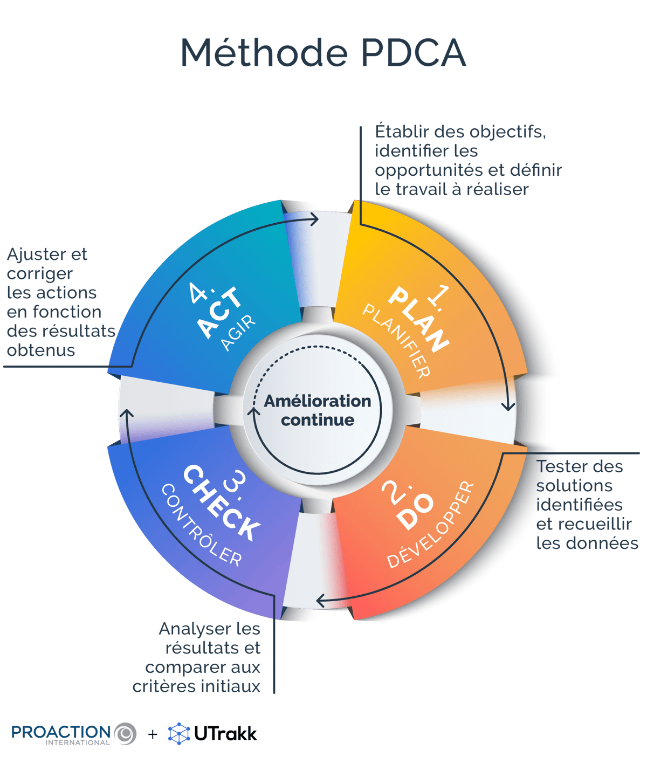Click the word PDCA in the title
[x=412, y=53]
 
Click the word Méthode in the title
[x=264, y=53]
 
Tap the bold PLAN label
[x=418, y=319]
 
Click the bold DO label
[x=415, y=511]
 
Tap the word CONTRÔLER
[x=201, y=525]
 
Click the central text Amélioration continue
[x=318, y=410]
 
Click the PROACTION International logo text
[x=61, y=733]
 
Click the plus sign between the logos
[x=153, y=734]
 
